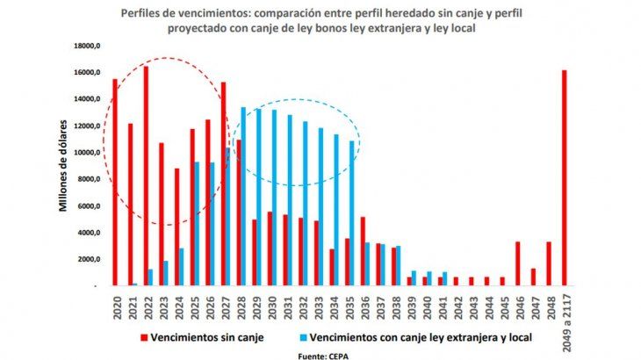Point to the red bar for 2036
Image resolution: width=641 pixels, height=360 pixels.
363,251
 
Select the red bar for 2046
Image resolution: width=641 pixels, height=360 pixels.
518,263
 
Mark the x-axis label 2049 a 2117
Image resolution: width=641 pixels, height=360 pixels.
565,314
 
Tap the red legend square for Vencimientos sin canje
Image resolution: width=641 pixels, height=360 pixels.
143,335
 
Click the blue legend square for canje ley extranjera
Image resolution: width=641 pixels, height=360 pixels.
302,335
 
